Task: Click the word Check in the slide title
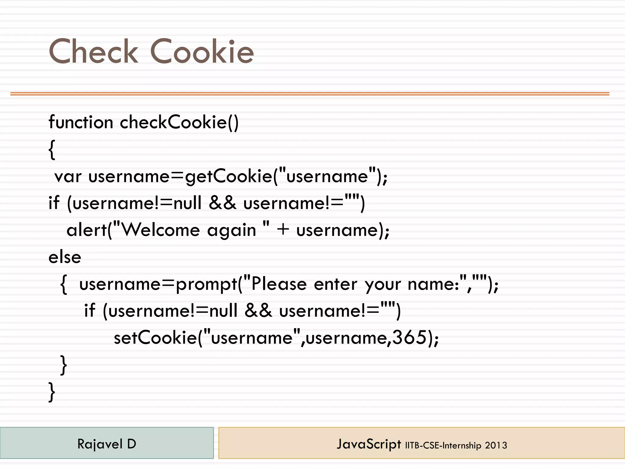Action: coord(93,52)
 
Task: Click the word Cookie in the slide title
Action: coord(202,52)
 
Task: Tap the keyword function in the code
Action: coord(81,122)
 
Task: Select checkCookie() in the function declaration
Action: coord(179,122)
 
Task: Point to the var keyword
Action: coord(68,177)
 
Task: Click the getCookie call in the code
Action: coord(228,177)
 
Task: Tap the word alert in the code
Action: coord(87,230)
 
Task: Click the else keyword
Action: coord(65,257)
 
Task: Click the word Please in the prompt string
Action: coord(279,284)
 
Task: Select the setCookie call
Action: coord(155,338)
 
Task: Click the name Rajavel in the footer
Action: coord(99,444)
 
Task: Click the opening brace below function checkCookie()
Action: coord(52,150)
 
